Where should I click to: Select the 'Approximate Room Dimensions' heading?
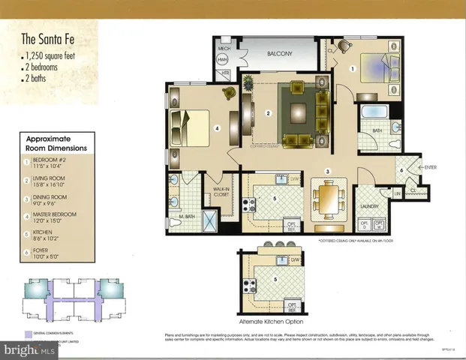pos(56,144)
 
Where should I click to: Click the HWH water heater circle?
pos(223,60)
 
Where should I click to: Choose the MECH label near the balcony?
pos(223,47)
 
